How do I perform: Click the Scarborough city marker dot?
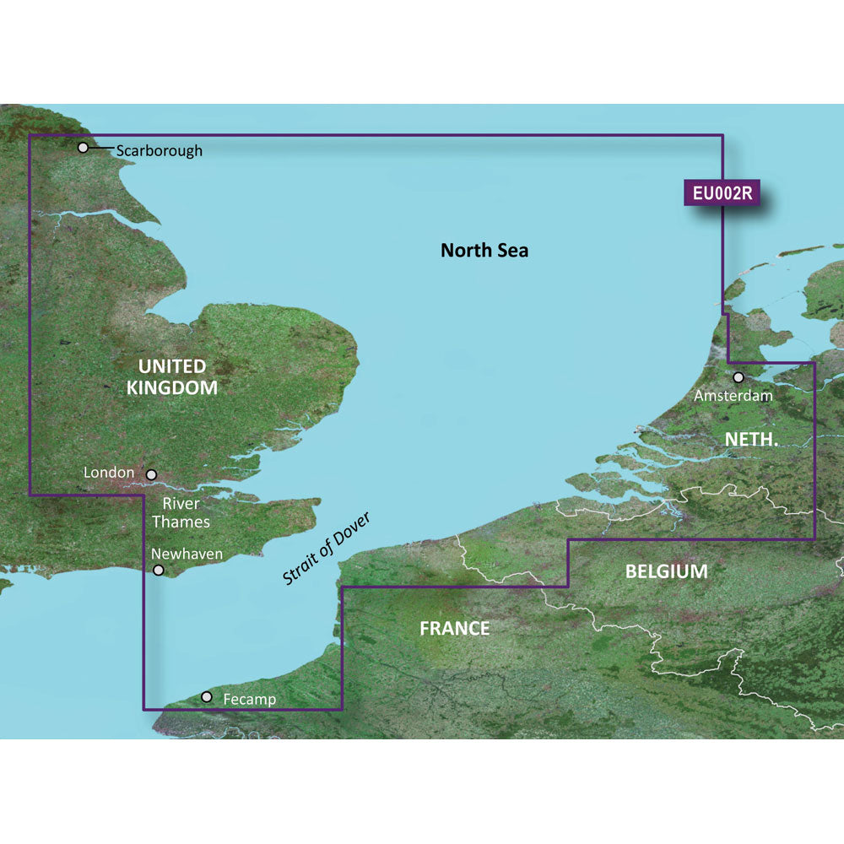click(83, 148)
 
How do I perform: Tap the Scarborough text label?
click(160, 151)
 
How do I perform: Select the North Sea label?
click(484, 250)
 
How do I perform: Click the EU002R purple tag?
click(722, 193)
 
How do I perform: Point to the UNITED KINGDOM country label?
click(172, 377)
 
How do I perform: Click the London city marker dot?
click(152, 475)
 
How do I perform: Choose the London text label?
click(109, 473)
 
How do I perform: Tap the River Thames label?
click(181, 512)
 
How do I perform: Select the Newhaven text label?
click(187, 554)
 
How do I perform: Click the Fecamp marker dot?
click(207, 697)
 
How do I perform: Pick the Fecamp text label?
click(250, 700)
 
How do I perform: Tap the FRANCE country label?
click(455, 628)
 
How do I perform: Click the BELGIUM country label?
click(666, 571)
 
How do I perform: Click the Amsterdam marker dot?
click(738, 377)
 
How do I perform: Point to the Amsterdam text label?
click(733, 394)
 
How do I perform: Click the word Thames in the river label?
click(181, 522)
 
